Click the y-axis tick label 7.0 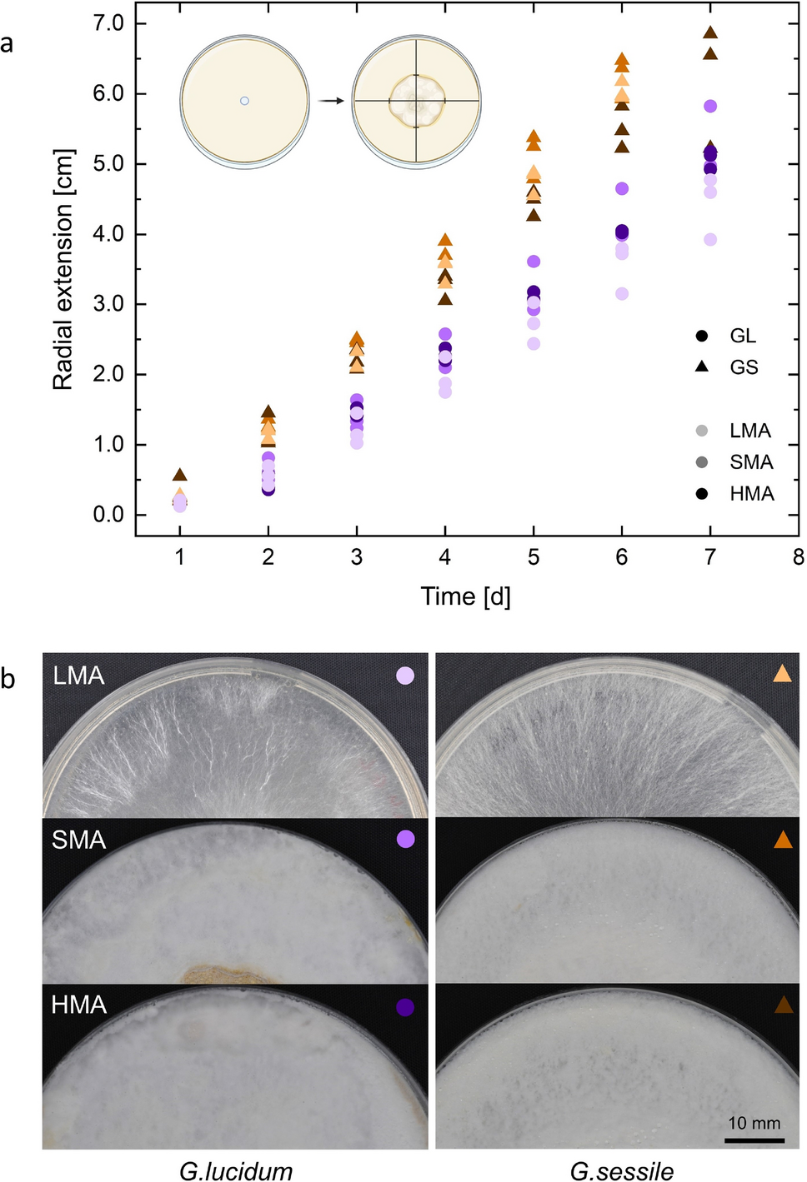tap(108, 23)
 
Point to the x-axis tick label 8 tap(798, 557)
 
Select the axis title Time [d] tap(465, 596)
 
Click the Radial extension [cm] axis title tap(63, 269)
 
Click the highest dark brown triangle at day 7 tap(710, 33)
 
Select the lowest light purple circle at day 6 tap(622, 294)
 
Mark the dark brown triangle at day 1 tap(180, 475)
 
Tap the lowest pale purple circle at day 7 tap(710, 240)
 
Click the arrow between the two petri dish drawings tap(332, 101)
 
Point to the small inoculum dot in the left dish tap(244, 101)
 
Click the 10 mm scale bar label tap(754, 1123)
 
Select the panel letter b tap(8, 679)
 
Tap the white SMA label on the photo tap(79, 840)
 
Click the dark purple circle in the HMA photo tap(405, 1007)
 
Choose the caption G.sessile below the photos tap(621, 1170)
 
